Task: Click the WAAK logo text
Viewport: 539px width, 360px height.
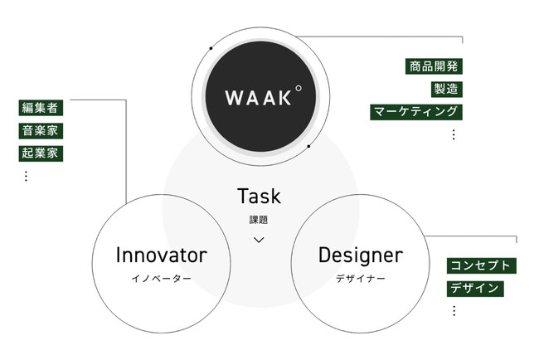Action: (x=257, y=97)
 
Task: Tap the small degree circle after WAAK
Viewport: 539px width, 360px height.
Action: (x=298, y=87)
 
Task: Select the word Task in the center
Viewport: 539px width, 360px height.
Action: (x=259, y=197)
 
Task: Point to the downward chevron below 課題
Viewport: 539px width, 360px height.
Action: (x=259, y=239)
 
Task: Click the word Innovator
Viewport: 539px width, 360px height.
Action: (x=161, y=255)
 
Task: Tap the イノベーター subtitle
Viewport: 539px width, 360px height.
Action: (x=161, y=278)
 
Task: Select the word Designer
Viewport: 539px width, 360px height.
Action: (x=360, y=255)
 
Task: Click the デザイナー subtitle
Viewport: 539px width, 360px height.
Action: (x=360, y=278)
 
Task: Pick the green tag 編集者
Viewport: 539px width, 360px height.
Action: (x=41, y=108)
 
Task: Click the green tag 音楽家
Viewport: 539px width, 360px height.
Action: (x=41, y=130)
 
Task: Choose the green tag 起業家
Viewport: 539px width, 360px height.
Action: (x=41, y=153)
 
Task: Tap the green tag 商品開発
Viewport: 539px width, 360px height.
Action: (x=434, y=66)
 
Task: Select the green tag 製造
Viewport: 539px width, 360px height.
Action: (x=446, y=88)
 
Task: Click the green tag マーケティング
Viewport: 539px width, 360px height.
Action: (x=415, y=111)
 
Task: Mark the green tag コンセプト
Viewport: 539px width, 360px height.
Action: (x=481, y=265)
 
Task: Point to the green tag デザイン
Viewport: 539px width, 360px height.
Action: (x=475, y=288)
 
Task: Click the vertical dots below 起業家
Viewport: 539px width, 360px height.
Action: (x=26, y=176)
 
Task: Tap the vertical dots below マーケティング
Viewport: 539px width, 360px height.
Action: (x=453, y=134)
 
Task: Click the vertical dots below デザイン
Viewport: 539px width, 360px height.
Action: (x=454, y=310)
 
